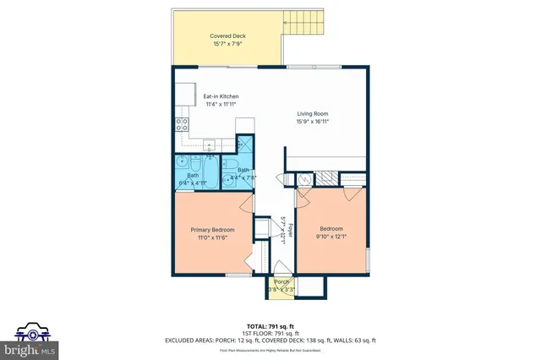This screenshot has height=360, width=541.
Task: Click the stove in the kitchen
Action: [182, 126]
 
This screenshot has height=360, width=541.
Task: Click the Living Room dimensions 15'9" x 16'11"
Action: [312, 121]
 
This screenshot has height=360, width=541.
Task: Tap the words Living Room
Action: [312, 113]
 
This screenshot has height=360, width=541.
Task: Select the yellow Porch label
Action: [280, 283]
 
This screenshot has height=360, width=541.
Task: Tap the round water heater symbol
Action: [302, 178]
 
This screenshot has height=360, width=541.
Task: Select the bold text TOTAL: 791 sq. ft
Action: [270, 325]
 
